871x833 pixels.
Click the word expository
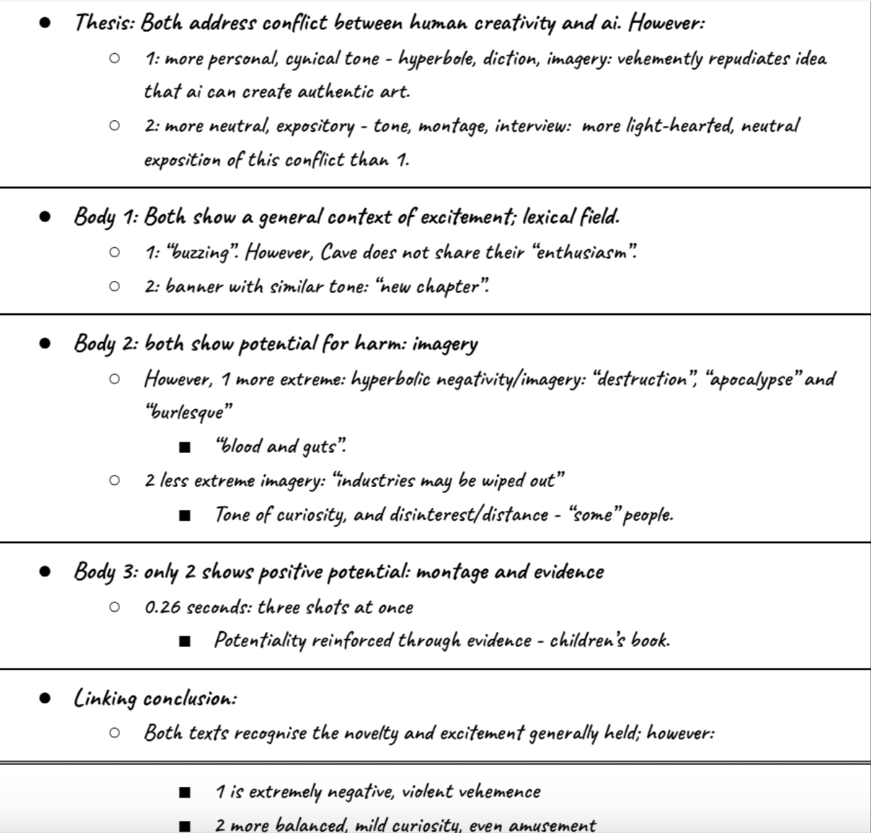tap(315, 127)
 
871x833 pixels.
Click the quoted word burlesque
tap(189, 412)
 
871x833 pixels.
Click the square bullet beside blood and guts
tap(185, 447)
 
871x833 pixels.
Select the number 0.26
tap(162, 608)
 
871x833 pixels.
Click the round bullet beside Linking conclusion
tap(45, 699)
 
